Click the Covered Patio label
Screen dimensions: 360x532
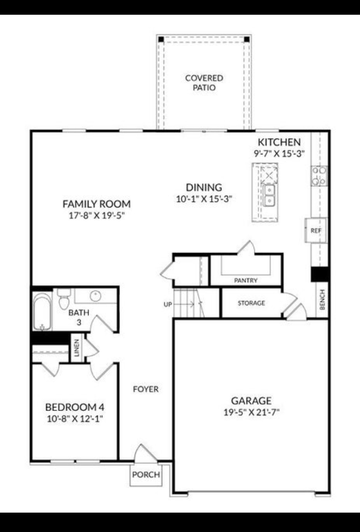[204, 83]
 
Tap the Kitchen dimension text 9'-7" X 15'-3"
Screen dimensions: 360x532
[279, 153]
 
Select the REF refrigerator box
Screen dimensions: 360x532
[316, 230]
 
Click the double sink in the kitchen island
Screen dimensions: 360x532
[269, 195]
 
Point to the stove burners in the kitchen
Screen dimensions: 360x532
[319, 176]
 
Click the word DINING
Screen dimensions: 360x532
[204, 188]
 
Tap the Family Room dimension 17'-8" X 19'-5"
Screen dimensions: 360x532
[97, 216]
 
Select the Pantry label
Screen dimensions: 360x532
[246, 280]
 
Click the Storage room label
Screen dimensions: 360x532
[251, 303]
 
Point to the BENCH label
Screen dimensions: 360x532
[322, 300]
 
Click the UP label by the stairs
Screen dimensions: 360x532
[168, 304]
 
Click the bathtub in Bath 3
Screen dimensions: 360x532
[42, 311]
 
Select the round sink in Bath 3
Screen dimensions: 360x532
[95, 295]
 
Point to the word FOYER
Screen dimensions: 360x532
[146, 389]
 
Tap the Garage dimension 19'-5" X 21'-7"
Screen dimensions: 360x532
[251, 412]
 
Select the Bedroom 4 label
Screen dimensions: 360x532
[74, 407]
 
